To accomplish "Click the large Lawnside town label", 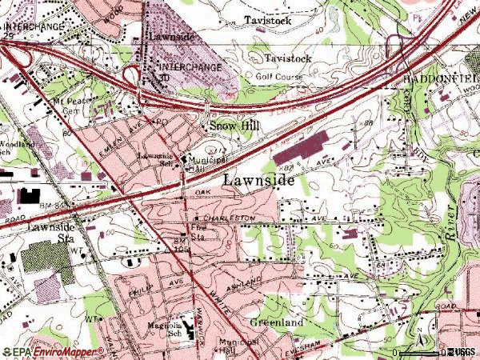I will click(258, 181).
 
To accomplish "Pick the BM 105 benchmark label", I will click(183, 245).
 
